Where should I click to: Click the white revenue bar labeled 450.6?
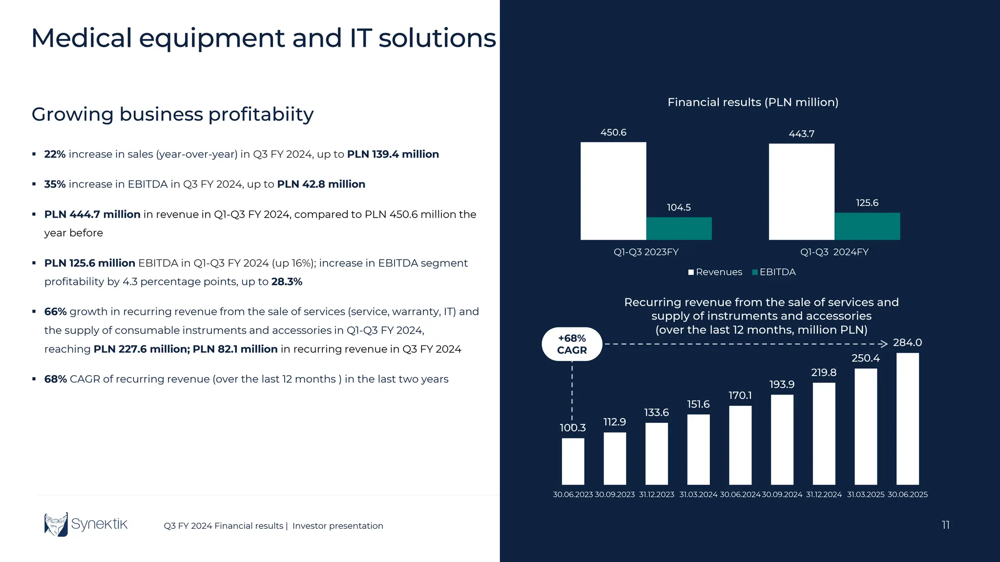pos(613,191)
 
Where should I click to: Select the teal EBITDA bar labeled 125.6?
pos(867,226)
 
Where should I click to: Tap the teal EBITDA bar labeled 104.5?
pos(679,229)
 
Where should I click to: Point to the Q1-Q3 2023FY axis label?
pos(646,252)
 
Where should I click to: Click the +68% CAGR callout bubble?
pos(572,344)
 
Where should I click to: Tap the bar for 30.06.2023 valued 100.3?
pos(573,461)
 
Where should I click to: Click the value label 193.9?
pos(782,384)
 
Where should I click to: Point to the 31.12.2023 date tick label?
pos(656,495)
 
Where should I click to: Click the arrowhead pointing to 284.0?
pos(883,344)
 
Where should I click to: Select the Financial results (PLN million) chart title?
pos(752,102)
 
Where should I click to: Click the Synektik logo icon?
pos(56,524)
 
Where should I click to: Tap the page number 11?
pos(945,525)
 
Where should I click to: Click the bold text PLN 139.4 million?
pos(393,154)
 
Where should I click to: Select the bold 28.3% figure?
pos(287,281)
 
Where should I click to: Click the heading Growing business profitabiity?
pos(172,114)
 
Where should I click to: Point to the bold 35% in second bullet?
pos(55,184)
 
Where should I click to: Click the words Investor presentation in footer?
pos(337,526)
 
